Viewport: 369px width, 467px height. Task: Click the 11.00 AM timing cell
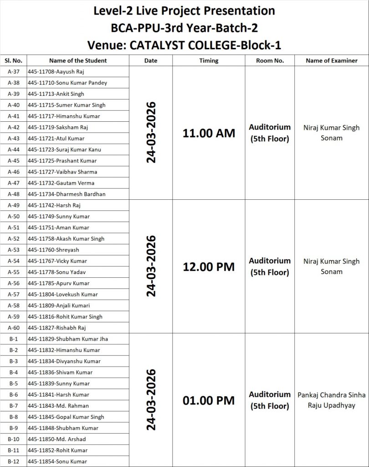coord(209,134)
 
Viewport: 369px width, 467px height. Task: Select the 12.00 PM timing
coord(209,267)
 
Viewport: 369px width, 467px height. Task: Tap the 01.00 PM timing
coord(209,401)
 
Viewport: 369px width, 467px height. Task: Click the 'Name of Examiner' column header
coord(331,61)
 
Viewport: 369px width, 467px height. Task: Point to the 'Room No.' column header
coord(270,61)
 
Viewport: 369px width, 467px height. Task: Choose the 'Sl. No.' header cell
coord(13,61)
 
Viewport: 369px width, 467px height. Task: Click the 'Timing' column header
coord(209,61)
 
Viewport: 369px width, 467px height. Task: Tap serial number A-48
coord(13,194)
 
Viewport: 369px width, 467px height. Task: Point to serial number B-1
coord(13,339)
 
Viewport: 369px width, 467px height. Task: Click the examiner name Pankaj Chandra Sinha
coord(331,394)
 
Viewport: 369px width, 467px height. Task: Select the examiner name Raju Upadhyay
coord(331,405)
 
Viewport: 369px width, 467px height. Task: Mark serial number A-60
coord(13,328)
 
